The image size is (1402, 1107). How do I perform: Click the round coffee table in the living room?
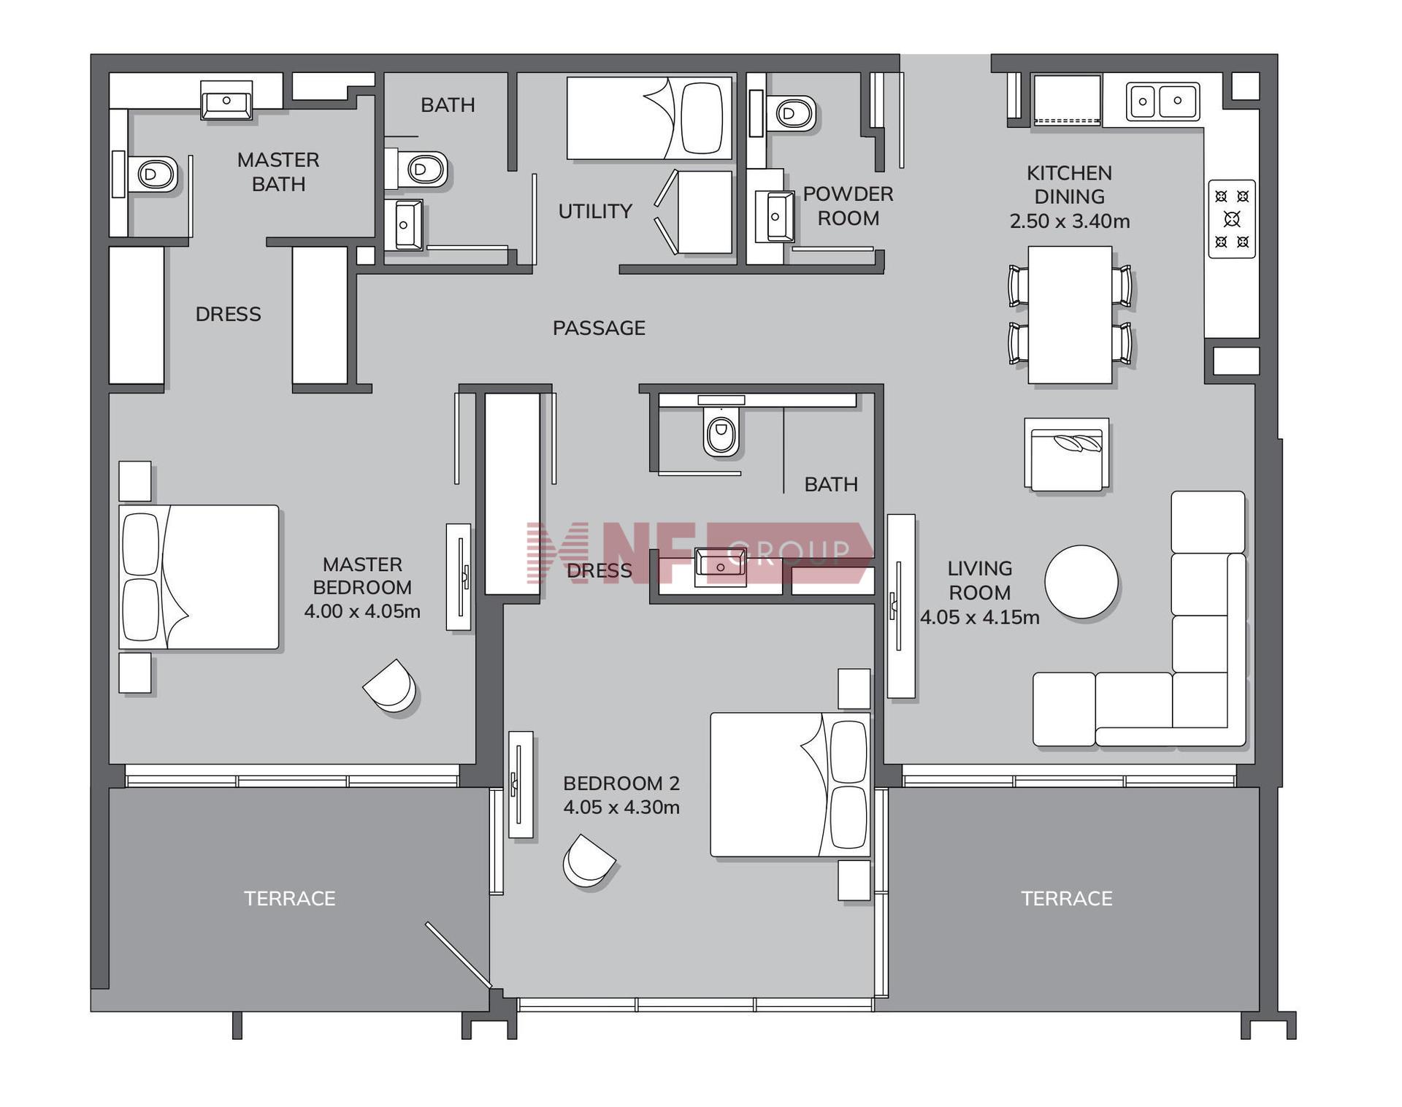[1081, 582]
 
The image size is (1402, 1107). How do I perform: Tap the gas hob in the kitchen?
[1232, 219]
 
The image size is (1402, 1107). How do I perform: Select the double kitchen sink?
[1162, 101]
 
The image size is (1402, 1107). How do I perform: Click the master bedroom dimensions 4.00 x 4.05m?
[362, 611]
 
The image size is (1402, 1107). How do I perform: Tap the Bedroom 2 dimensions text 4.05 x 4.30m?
[621, 808]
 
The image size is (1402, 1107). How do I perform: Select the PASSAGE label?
[599, 329]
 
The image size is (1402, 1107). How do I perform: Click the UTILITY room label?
[595, 212]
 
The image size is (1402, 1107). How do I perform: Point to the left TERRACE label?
[290, 898]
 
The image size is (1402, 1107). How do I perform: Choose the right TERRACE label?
[1067, 898]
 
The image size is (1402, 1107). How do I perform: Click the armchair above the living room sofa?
[1067, 454]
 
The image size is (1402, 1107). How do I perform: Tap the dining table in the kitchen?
[1070, 315]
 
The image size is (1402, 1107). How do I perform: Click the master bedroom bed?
[199, 577]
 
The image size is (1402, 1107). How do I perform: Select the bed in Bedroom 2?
[791, 785]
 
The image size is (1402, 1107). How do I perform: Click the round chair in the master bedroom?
[391, 685]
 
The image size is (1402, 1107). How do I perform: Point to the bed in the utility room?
[649, 118]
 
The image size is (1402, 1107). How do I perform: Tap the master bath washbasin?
[226, 100]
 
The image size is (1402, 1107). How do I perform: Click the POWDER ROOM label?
[848, 206]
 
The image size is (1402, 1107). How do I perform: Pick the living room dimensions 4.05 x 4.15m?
[979, 618]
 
